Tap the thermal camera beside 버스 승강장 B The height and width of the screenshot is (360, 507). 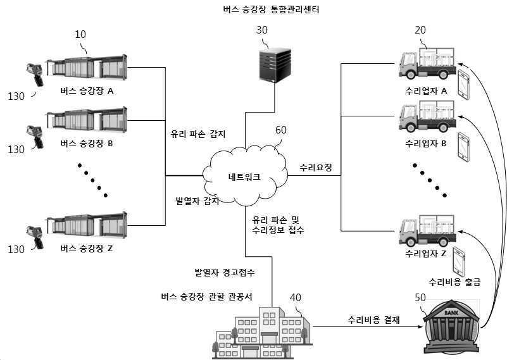[x=34, y=137]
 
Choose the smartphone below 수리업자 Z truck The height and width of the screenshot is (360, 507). [x=460, y=261]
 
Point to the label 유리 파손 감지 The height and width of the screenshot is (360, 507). [x=197, y=134]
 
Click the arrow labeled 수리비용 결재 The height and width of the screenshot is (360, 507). [x=367, y=326]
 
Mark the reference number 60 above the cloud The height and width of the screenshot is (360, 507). [x=280, y=130]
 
